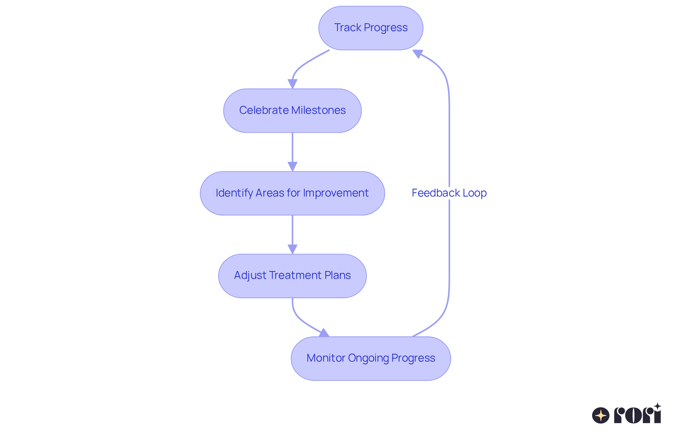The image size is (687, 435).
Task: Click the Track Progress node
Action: pyautogui.click(x=371, y=28)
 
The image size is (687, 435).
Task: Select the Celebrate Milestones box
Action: pyautogui.click(x=292, y=111)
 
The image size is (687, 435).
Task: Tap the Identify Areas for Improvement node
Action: pyautogui.click(x=292, y=193)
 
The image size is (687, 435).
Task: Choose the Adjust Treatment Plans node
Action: pyautogui.click(x=292, y=276)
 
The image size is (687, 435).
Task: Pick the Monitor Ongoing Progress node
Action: pyautogui.click(x=371, y=358)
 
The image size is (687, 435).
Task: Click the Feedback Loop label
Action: pyautogui.click(x=449, y=193)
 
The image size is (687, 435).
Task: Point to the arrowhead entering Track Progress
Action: pyautogui.click(x=418, y=54)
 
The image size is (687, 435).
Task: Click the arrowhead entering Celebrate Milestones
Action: pyautogui.click(x=292, y=84)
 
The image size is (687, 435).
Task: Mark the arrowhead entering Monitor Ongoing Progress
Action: pyautogui.click(x=324, y=333)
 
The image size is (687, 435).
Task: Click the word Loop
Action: pyautogui.click(x=474, y=193)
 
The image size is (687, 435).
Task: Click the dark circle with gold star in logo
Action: pyautogui.click(x=600, y=416)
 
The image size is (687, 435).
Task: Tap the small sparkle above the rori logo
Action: pyautogui.click(x=657, y=406)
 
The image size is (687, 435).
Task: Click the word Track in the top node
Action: pyautogui.click(x=347, y=28)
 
